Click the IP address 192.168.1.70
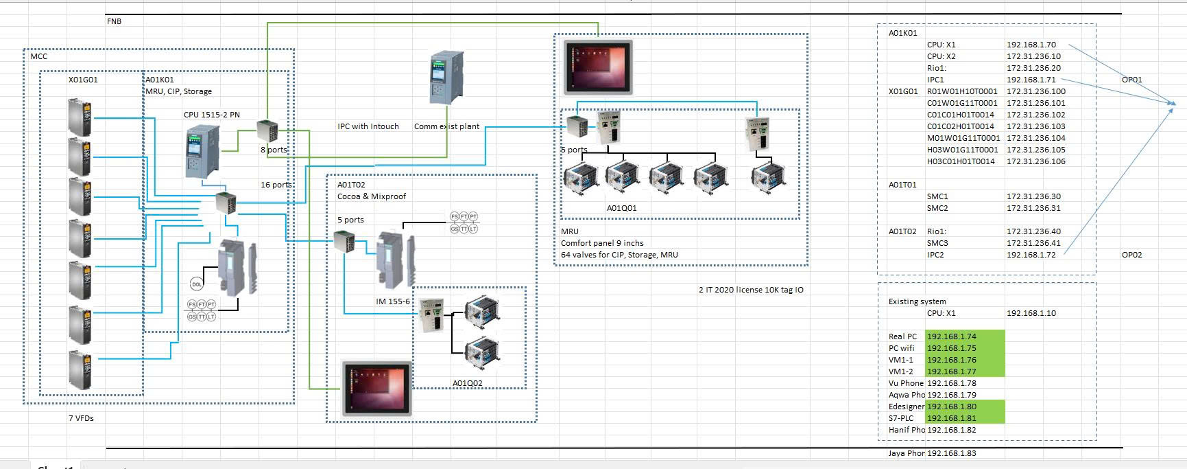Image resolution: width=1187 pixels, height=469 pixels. click(x=1031, y=45)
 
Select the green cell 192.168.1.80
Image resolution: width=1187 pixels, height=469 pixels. click(x=952, y=407)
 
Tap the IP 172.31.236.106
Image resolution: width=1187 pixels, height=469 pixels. click(x=1035, y=161)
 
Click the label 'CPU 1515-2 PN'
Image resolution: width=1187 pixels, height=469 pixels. click(x=211, y=115)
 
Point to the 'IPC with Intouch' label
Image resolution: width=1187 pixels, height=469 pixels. click(x=368, y=126)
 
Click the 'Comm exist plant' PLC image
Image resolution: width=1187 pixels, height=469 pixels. click(x=442, y=78)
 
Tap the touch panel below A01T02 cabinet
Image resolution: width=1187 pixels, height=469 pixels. click(x=377, y=388)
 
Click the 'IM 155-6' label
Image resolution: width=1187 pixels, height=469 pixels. click(x=392, y=301)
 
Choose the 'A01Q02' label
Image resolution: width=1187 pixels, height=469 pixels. click(x=467, y=383)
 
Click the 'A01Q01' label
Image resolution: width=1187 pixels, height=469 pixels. click(x=621, y=208)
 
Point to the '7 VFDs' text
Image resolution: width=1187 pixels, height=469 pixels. click(x=81, y=418)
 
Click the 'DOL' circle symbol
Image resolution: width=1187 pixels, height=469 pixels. click(x=197, y=284)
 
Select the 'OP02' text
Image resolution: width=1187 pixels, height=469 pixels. click(x=1131, y=255)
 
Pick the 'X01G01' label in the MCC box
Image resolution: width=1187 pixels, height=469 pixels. click(x=83, y=80)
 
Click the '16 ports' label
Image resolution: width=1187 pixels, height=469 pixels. click(x=276, y=185)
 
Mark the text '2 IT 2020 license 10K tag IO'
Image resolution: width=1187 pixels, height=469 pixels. click(x=751, y=290)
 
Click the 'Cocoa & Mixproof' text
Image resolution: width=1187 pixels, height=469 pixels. click(x=371, y=196)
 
